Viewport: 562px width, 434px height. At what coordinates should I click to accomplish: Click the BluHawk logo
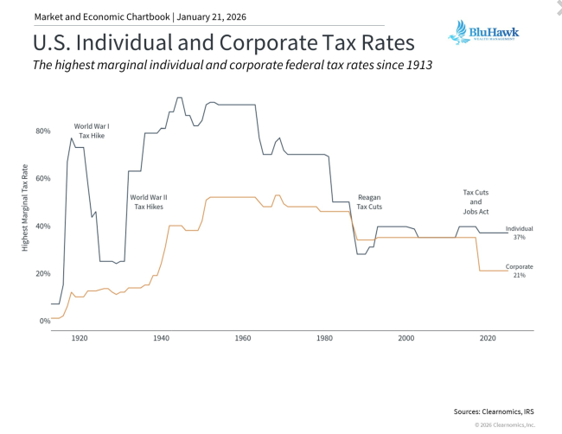click(x=482, y=34)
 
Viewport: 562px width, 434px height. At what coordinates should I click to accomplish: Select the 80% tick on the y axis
click(x=42, y=131)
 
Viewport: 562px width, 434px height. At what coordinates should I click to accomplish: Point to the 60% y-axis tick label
click(x=42, y=179)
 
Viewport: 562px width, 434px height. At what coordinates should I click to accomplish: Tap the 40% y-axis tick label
click(x=42, y=227)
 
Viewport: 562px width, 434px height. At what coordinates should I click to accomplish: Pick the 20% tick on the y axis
click(x=42, y=274)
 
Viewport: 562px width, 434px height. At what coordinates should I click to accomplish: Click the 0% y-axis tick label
click(x=44, y=322)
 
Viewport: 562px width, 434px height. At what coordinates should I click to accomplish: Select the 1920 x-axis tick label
click(x=79, y=339)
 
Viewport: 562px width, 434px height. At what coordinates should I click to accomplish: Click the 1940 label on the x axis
click(x=161, y=339)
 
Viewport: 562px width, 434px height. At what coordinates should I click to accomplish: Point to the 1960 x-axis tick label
click(x=243, y=339)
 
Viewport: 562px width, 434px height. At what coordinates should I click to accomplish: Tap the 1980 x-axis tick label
click(x=324, y=339)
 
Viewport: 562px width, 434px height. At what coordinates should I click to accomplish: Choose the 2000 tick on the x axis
click(x=406, y=339)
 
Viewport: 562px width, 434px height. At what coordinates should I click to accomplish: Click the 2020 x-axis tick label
click(x=488, y=339)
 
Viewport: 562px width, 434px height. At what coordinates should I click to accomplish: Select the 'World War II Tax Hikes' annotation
click(x=149, y=202)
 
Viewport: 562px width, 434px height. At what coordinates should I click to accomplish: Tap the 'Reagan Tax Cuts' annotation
click(x=369, y=203)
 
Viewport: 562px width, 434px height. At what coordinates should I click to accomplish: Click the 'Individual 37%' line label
click(x=519, y=233)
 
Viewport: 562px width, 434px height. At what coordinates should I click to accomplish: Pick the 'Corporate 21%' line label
click(x=519, y=271)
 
